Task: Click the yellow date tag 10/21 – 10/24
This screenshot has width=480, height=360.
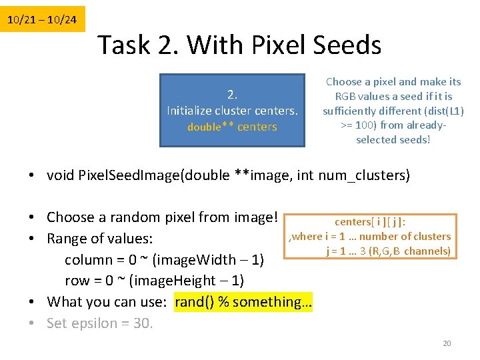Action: (x=42, y=20)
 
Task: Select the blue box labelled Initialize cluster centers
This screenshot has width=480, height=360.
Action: (x=231, y=109)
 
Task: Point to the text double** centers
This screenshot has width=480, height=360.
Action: (x=231, y=127)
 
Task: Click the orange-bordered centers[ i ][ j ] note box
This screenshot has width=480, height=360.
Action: (x=370, y=236)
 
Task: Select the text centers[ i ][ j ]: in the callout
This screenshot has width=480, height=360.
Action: (x=371, y=222)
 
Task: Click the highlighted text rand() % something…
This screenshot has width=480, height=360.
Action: (x=243, y=302)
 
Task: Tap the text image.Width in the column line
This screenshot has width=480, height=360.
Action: (x=199, y=259)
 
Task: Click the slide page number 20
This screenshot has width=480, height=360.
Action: (x=447, y=343)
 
